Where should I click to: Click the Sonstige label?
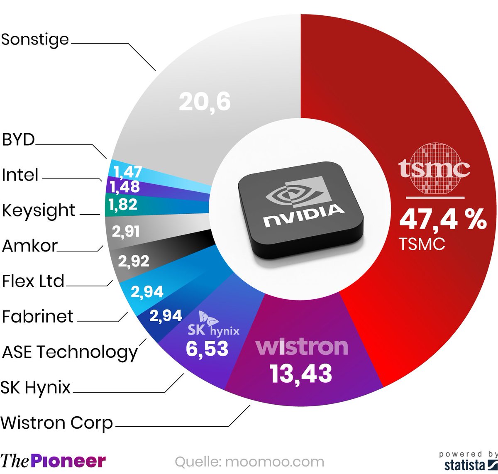coord(35,40)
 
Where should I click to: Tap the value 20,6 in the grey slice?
coord(205,102)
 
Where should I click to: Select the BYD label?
coord(18,140)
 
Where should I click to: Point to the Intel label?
coord(20,175)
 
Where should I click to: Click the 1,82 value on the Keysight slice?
coord(122,205)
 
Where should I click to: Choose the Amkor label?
coord(29,246)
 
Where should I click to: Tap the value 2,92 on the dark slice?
coord(133,261)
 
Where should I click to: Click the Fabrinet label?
coord(37,317)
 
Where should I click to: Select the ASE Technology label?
coord(70,352)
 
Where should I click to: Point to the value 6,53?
coord(207,349)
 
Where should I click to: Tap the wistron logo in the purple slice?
coord(302,347)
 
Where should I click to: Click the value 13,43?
coord(301,374)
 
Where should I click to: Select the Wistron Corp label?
coord(57,423)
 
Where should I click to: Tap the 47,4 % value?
coord(442,219)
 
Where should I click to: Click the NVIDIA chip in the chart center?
coord(300,209)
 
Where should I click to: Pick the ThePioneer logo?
coord(53,461)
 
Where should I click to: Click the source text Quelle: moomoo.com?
coord(249,462)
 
